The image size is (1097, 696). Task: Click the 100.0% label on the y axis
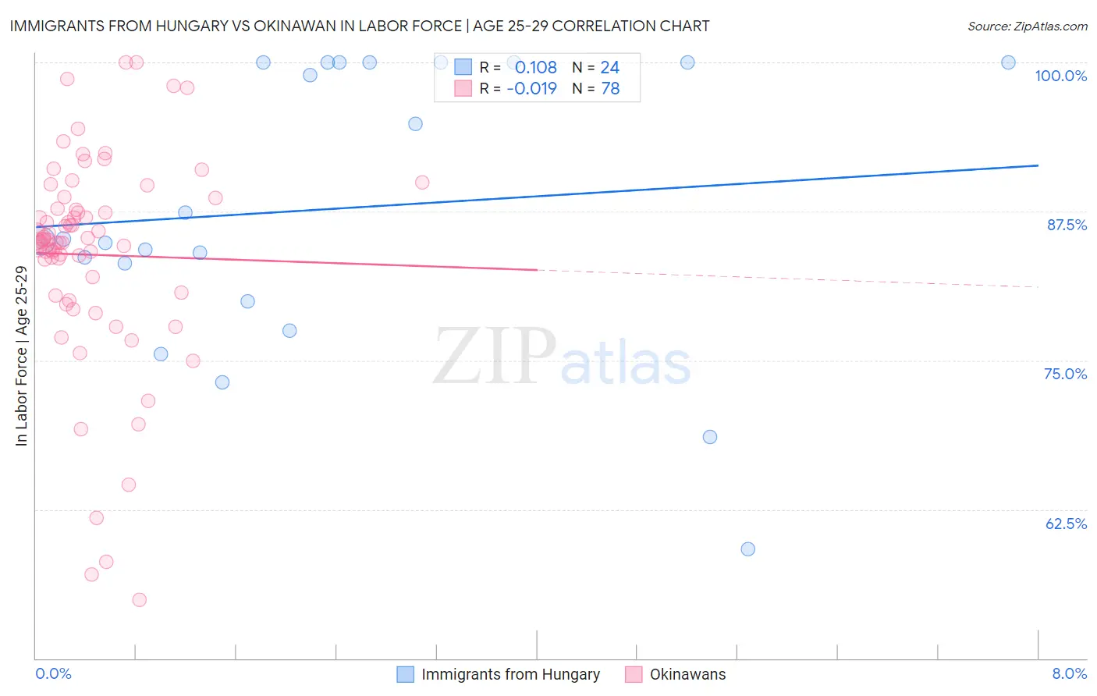(1060, 76)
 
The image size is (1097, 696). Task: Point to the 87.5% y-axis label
(1067, 225)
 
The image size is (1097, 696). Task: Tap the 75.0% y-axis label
(1065, 374)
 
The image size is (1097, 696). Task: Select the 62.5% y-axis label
(1066, 524)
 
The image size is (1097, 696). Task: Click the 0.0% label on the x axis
(53, 673)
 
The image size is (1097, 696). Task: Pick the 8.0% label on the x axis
(1069, 673)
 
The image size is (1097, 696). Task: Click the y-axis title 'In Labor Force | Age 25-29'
(21, 356)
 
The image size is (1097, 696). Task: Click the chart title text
(360, 26)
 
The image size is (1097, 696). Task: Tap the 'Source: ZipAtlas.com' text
(1027, 27)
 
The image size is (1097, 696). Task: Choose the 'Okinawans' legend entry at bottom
(687, 674)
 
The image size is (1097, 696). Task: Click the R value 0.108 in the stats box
(535, 67)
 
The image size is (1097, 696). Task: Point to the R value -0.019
(531, 88)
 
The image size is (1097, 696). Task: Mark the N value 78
(610, 88)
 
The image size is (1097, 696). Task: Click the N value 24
(609, 67)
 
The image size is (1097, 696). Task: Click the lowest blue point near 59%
(747, 549)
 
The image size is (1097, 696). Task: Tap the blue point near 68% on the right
(709, 437)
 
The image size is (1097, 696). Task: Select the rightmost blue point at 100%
(1008, 62)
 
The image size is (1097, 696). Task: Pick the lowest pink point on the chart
(139, 600)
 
